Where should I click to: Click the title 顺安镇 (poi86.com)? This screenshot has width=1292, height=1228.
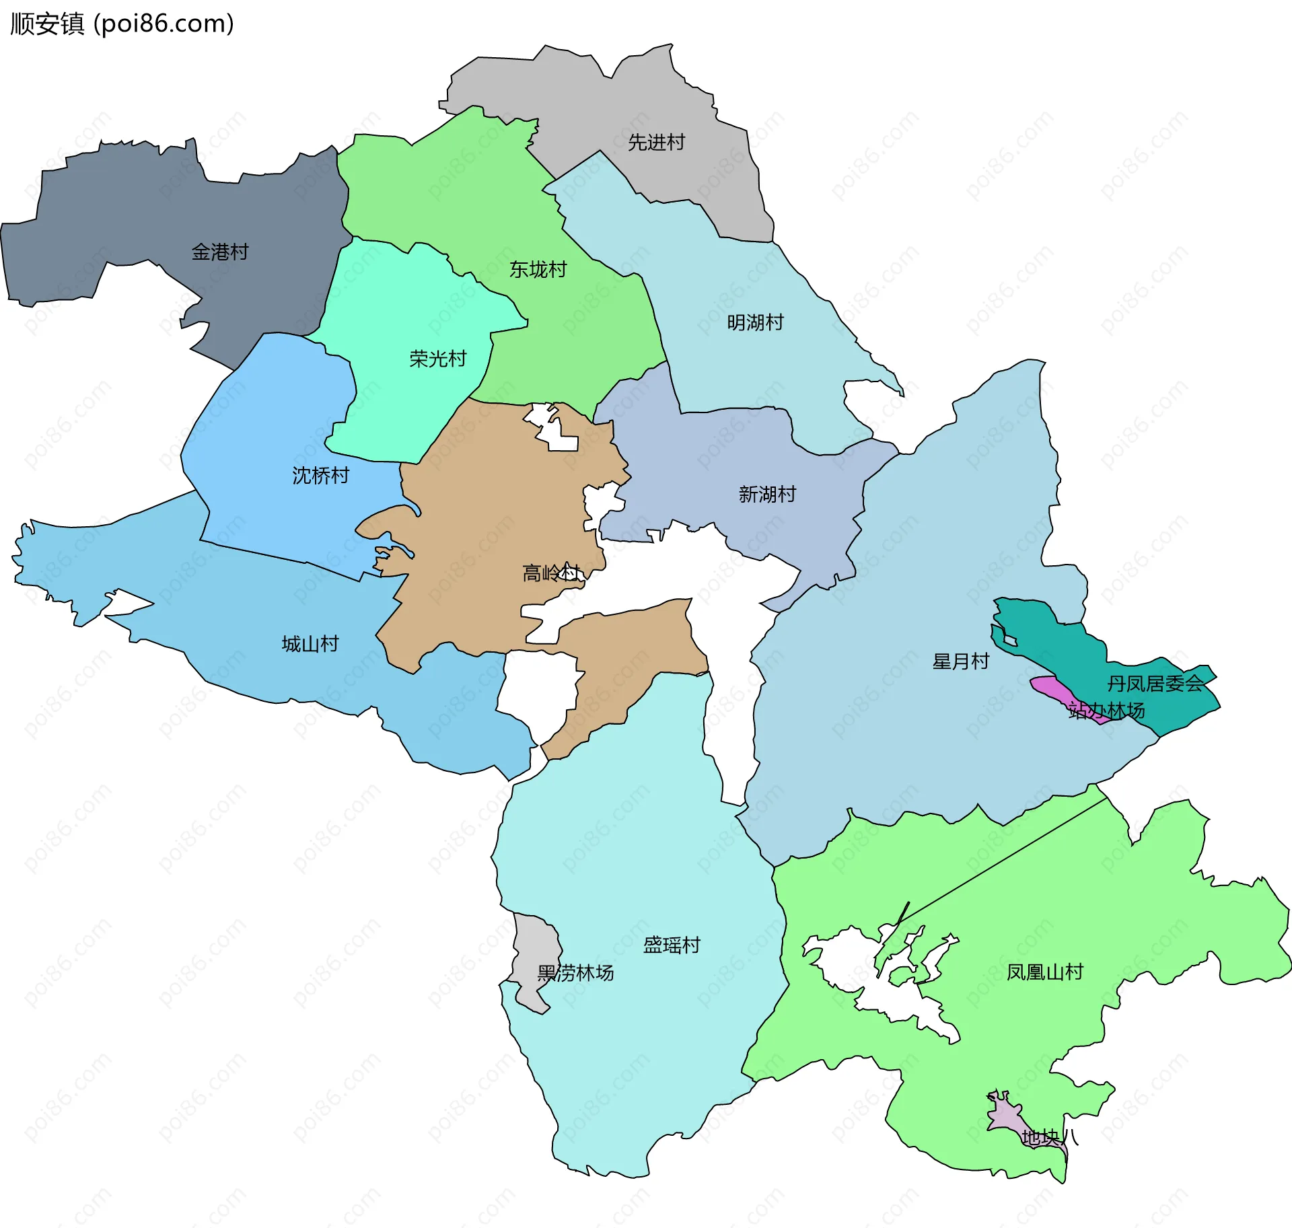tap(122, 24)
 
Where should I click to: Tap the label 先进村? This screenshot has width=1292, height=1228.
tap(656, 142)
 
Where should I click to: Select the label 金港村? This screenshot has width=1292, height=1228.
tap(220, 252)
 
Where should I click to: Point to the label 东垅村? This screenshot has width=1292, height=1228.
tap(538, 269)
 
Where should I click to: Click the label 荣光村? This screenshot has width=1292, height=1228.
tap(437, 358)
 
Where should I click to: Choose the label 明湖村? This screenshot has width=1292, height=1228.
tap(755, 322)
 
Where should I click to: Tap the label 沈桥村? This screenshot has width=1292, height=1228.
tap(320, 475)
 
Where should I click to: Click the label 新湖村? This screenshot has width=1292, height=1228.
tap(767, 494)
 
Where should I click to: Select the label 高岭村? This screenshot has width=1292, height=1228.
tap(551, 573)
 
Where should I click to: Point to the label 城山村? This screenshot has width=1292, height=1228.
tap(310, 643)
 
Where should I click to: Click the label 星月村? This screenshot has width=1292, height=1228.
tap(960, 661)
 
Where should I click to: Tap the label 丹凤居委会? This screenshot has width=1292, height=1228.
tap(1155, 684)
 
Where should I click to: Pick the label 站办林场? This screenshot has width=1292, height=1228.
tap(1106, 711)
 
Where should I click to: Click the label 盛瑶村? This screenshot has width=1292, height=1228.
tap(672, 945)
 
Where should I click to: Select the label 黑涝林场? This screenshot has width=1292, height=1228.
tap(575, 972)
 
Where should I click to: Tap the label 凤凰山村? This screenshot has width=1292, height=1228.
tap(1044, 972)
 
